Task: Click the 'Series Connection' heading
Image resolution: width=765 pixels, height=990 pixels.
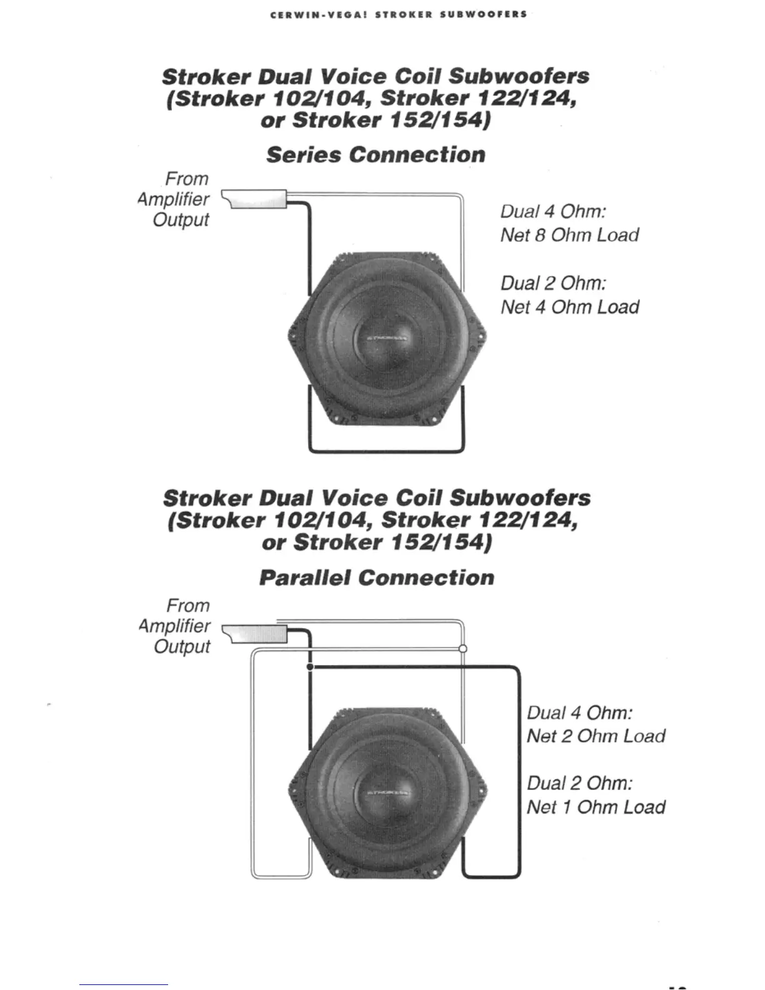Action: (x=376, y=155)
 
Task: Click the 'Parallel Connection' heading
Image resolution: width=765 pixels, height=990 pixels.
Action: (x=376, y=577)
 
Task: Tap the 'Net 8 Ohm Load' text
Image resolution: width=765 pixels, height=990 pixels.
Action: (x=569, y=236)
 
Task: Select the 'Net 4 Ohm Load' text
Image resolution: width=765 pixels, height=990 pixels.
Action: (x=569, y=307)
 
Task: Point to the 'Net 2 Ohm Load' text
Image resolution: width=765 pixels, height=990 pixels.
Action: (x=596, y=736)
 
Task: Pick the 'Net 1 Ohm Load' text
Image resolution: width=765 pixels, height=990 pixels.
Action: (x=596, y=807)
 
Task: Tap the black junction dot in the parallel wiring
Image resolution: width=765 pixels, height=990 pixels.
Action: (x=310, y=667)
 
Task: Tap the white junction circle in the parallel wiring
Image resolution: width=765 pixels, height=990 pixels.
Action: (x=462, y=648)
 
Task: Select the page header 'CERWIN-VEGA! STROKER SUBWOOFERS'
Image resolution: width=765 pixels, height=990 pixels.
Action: (x=399, y=14)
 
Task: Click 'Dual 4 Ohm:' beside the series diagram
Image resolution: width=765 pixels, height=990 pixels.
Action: (x=553, y=211)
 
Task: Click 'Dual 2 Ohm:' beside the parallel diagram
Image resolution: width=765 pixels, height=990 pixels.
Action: (x=579, y=784)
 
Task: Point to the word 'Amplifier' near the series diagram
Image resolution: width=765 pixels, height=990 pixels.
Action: (x=173, y=199)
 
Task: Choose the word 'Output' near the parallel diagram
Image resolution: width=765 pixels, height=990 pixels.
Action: (x=182, y=647)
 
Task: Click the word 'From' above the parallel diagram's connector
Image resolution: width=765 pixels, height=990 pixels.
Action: (x=187, y=606)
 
